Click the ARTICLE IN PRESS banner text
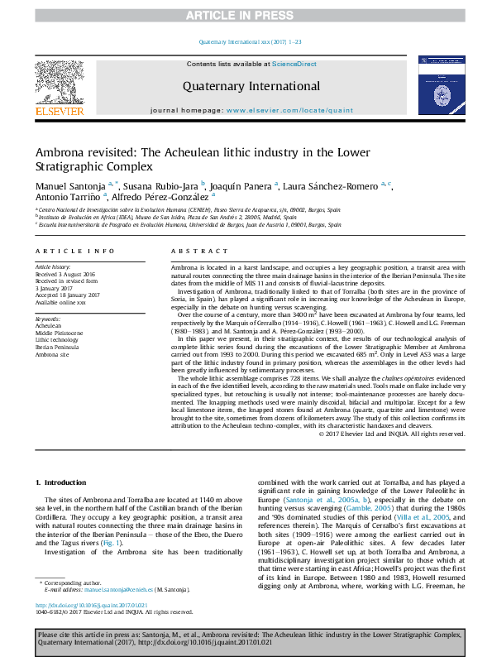point(246,16)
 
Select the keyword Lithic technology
point(56,339)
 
